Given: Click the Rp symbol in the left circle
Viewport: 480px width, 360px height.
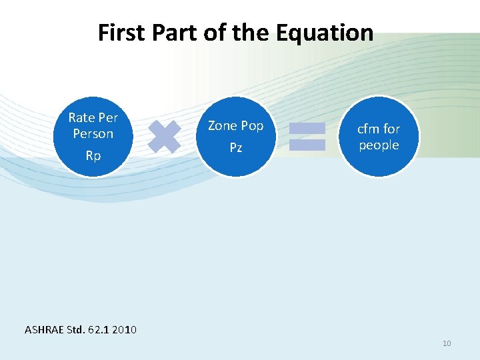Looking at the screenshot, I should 93,156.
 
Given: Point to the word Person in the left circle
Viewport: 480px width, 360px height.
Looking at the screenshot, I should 93,134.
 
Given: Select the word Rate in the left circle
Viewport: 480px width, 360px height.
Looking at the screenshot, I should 81,118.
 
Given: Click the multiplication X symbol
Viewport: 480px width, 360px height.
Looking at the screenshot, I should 164,136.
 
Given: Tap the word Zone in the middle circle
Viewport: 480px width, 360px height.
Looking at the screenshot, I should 222,125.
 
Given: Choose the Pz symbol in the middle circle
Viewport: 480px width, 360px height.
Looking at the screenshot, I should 236,147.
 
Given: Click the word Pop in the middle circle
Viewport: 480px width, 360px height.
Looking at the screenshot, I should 252,126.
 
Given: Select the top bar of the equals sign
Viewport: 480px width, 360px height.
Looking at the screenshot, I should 307,128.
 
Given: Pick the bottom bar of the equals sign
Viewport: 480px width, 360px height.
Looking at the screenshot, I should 307,144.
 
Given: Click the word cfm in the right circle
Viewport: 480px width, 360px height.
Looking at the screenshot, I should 369,129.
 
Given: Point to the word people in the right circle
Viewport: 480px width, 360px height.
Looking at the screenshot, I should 379,145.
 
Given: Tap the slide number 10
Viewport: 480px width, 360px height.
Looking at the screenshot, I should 447,343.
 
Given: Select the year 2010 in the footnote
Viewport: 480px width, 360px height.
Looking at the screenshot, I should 125,329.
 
